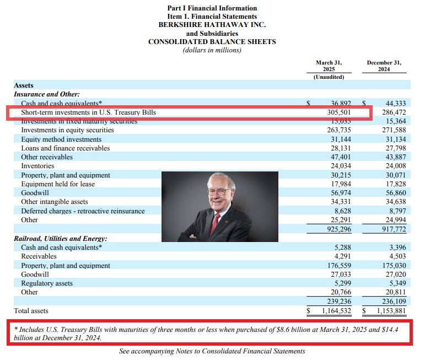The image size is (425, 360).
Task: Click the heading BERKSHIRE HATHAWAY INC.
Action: tap(212, 25)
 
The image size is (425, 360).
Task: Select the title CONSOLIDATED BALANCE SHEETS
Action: tap(212, 42)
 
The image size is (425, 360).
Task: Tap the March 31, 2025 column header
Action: tap(329, 66)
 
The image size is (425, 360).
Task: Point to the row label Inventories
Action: tap(37, 166)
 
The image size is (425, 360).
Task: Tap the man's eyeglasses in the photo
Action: tap(220, 191)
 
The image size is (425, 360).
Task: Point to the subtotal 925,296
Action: tap(337, 229)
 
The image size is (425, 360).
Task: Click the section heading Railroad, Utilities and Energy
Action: tap(60, 239)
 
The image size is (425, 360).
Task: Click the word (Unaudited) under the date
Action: tap(329, 77)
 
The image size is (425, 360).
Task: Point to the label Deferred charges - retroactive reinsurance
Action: tap(83, 211)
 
